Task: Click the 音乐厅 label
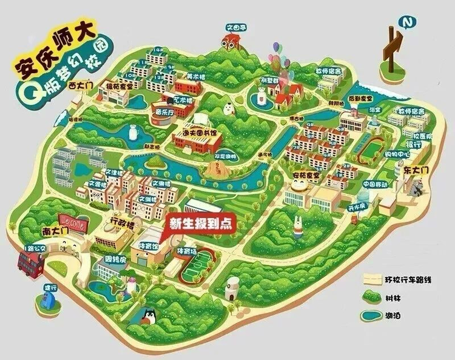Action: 164,112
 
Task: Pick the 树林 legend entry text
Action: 394,297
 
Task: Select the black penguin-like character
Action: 149,316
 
